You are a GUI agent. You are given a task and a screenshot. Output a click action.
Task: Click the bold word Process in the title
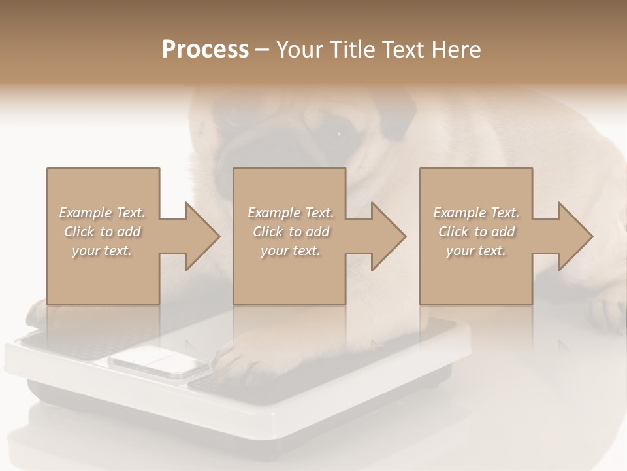tap(205, 50)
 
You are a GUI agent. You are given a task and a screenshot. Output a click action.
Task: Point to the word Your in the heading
tap(300, 50)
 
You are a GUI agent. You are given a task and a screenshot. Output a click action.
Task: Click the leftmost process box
tap(103, 275)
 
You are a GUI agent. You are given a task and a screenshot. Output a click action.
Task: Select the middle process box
tap(289, 275)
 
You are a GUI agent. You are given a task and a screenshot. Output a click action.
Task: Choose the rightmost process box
tap(475, 275)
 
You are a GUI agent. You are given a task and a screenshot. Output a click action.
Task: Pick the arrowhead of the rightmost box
tap(574, 236)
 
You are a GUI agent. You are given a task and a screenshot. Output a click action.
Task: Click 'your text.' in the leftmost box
tap(102, 251)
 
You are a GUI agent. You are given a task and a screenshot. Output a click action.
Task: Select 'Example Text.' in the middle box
tap(291, 213)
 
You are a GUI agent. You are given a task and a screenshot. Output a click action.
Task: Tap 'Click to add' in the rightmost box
tap(477, 232)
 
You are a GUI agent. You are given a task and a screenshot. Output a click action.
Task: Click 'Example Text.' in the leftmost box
tap(102, 213)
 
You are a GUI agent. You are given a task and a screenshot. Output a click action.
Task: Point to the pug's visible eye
tap(340, 135)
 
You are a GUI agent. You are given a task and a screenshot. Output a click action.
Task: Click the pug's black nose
tap(242, 164)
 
